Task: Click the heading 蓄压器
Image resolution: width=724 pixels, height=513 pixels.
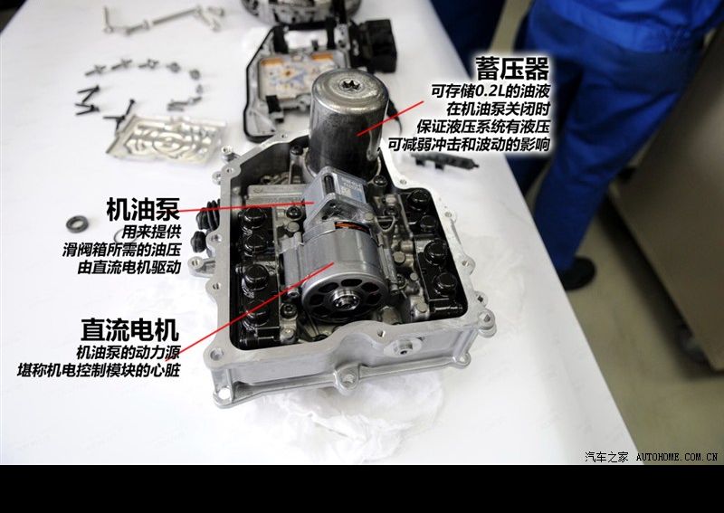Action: [513, 69]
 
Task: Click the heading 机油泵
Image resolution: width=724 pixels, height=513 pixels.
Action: [143, 209]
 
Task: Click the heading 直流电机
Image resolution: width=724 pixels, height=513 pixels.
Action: [129, 329]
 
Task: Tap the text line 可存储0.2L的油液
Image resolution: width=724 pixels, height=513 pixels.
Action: [491, 90]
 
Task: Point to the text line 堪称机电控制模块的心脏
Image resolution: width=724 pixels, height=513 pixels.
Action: [99, 370]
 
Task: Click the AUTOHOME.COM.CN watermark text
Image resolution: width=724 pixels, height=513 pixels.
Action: [676, 457]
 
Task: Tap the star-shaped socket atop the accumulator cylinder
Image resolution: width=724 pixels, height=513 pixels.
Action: [348, 84]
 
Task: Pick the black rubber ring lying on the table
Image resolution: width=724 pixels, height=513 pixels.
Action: [77, 224]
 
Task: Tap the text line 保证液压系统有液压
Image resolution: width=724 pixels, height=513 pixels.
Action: [483, 127]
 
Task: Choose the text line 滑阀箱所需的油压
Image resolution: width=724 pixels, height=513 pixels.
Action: [121, 250]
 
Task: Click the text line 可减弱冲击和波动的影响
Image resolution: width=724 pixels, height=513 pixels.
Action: [469, 145]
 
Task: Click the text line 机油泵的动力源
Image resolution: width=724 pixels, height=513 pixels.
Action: [128, 352]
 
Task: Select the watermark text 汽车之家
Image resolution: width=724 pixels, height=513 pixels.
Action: [606, 457]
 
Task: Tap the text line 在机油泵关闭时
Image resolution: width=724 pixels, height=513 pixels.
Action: [499, 109]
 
